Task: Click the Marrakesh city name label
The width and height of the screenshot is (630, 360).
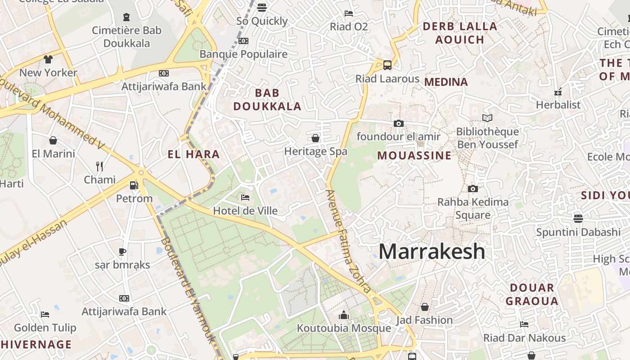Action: pos(432,252)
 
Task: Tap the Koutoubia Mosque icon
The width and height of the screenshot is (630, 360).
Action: pos(344,315)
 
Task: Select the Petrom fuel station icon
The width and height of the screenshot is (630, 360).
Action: pos(134,185)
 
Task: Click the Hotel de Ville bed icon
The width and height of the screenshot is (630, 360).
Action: pos(245,198)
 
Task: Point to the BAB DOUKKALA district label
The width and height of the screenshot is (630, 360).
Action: pos(267,99)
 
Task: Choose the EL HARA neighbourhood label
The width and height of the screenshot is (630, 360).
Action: pos(193,154)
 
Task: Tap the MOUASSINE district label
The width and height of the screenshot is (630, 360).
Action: pos(414,156)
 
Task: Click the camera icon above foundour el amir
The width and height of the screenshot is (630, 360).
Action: pos(398,123)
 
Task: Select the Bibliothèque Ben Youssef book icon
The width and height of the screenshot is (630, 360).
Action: pos(487,118)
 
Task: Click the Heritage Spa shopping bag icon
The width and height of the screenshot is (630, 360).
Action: pos(315,138)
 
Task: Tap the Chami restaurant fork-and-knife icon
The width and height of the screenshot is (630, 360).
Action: pos(99,166)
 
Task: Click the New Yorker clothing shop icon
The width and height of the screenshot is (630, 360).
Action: pos(48,59)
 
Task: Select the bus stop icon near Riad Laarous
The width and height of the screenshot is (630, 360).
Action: pos(387,65)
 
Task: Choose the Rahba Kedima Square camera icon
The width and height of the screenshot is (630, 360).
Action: pos(472,189)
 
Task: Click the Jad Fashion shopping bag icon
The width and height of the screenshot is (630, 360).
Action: pos(424,307)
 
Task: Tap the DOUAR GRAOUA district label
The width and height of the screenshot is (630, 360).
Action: pos(532,294)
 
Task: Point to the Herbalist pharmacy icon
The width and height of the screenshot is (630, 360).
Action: pos(558,92)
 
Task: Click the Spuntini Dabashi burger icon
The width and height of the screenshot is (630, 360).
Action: pos(578,219)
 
